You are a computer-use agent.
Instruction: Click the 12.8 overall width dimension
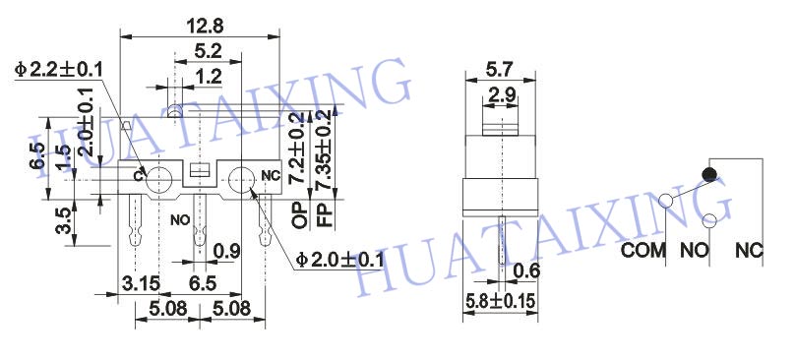pyautogui.click(x=205, y=26)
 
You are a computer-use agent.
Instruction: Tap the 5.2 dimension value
pyautogui.click(x=209, y=51)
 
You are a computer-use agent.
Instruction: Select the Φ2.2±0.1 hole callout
pyautogui.click(x=58, y=69)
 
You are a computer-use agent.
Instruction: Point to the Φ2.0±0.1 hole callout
pyautogui.click(x=339, y=260)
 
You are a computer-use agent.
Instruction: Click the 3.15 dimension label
pyautogui.click(x=140, y=283)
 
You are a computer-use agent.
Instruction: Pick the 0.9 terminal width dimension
pyautogui.click(x=226, y=251)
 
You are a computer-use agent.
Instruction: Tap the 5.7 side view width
pyautogui.click(x=500, y=69)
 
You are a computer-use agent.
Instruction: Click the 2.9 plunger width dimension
pyautogui.click(x=502, y=94)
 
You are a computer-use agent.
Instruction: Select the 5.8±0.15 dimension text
pyautogui.click(x=500, y=301)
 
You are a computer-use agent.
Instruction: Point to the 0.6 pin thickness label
pyautogui.click(x=526, y=271)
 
